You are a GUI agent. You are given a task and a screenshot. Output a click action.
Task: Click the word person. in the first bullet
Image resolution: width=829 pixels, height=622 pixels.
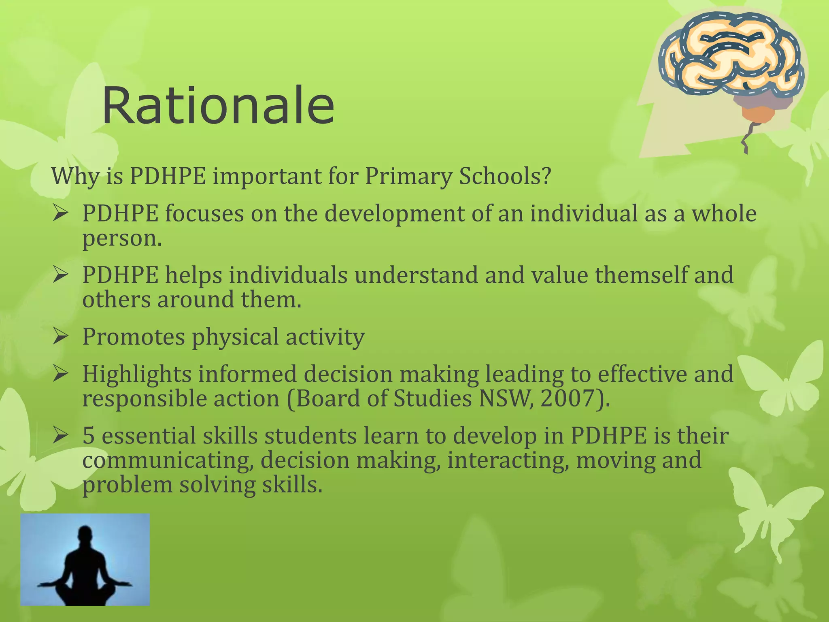(122, 238)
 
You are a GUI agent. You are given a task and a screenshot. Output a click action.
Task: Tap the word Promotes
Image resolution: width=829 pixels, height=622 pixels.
(133, 337)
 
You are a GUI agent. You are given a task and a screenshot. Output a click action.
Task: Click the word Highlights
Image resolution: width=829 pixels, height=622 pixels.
(136, 374)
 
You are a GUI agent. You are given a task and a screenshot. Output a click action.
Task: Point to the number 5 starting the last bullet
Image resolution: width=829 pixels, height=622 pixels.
(88, 436)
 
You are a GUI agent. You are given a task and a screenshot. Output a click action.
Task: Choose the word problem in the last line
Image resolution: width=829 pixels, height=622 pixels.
(127, 486)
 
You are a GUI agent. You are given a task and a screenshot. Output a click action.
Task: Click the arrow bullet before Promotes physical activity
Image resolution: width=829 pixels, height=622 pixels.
(60, 337)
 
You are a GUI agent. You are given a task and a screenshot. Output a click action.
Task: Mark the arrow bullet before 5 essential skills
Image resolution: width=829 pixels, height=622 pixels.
(60, 436)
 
